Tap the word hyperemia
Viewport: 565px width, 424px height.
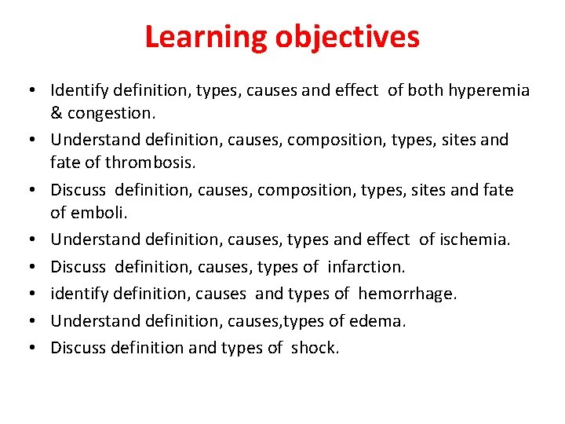[489, 90]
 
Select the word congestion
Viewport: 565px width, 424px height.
[111, 113]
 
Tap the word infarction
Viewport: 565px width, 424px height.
[365, 267]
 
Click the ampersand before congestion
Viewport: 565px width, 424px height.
[56, 113]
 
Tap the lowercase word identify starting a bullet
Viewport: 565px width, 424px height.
[79, 294]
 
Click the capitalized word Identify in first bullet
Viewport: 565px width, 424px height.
[79, 90]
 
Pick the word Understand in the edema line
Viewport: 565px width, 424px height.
[97, 321]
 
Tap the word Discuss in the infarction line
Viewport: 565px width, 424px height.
[79, 267]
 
